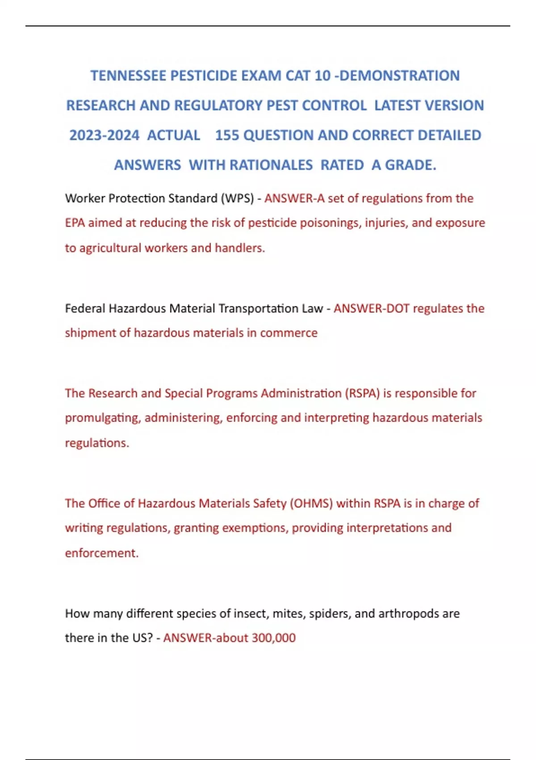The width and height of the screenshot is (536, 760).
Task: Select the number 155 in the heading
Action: pos(227,135)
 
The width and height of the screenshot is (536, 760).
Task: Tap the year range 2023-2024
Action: pos(104,135)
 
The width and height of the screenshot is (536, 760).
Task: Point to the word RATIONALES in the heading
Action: pos(271,165)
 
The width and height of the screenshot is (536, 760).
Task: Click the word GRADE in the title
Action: pos(410,165)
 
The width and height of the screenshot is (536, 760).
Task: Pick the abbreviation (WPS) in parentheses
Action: pos(237,198)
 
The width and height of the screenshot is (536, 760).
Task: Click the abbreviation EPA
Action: pos(75,223)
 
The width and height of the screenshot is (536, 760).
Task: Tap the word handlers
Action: pos(240,248)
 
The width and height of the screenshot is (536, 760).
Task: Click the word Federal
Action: pos(85,308)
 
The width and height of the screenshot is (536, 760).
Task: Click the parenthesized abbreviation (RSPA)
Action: pos(362,393)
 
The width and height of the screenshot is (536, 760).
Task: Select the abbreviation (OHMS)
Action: pos(311,503)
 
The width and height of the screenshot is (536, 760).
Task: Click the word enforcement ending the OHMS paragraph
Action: pos(101,553)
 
